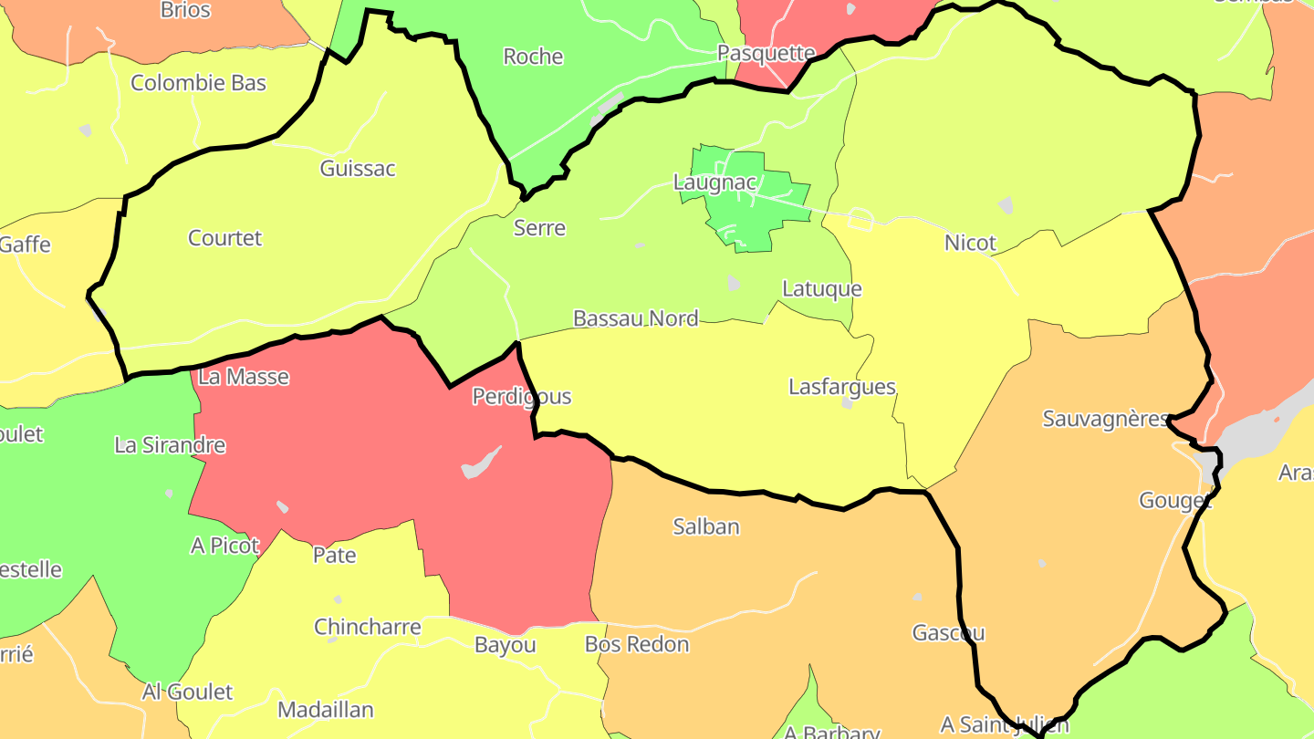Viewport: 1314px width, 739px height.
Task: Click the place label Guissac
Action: (x=358, y=169)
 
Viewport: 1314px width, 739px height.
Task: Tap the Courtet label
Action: (x=224, y=238)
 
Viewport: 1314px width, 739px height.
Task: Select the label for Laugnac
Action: (x=714, y=182)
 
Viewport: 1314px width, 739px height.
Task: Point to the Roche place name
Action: (x=533, y=57)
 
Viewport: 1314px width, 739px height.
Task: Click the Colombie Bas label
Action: (x=198, y=83)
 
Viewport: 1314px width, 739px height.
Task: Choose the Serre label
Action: (x=539, y=228)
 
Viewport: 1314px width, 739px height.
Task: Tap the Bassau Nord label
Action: (x=635, y=318)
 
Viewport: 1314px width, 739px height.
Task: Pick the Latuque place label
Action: (x=821, y=289)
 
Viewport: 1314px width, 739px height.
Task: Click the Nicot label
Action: (x=970, y=244)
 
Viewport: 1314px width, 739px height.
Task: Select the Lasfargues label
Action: (x=841, y=387)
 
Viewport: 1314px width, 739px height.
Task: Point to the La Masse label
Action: (x=243, y=377)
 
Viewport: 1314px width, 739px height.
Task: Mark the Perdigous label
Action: (x=521, y=396)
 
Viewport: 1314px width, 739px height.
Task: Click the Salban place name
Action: (x=705, y=526)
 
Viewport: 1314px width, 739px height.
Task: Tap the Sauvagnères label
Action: (x=1105, y=419)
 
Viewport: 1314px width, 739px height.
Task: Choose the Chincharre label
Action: (x=367, y=628)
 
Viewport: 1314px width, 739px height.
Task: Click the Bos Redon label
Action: (x=636, y=644)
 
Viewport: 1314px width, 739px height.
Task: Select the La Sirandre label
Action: (x=170, y=445)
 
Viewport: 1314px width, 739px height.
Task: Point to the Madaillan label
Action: (x=325, y=710)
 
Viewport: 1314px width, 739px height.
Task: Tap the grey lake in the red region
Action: (x=481, y=463)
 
